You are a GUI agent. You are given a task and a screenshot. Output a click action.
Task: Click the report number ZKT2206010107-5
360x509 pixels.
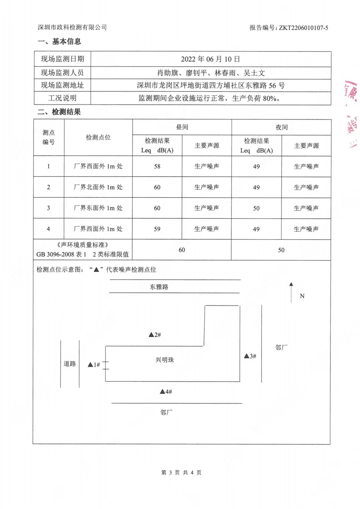(303, 28)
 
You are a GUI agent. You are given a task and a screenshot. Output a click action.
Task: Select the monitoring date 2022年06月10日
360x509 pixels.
(210, 59)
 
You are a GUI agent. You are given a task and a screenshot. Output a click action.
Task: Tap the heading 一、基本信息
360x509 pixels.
(59, 42)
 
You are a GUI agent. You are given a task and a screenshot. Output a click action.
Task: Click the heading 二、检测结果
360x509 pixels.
(59, 112)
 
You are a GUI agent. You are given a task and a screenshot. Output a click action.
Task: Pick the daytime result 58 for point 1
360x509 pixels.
(157, 166)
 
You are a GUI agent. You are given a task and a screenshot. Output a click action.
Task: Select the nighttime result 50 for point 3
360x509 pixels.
(256, 208)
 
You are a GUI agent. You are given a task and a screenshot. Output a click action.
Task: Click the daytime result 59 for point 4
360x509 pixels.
(157, 229)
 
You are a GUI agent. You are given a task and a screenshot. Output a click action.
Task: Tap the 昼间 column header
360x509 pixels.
(182, 127)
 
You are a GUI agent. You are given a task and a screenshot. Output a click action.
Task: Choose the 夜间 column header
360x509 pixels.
(281, 127)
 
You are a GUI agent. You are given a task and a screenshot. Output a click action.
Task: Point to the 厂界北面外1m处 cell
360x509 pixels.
(98, 187)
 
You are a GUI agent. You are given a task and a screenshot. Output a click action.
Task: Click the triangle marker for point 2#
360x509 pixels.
(151, 335)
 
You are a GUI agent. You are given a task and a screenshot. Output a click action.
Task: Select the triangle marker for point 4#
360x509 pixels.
(162, 392)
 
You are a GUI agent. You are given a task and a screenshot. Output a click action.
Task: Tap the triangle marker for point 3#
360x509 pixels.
(246, 356)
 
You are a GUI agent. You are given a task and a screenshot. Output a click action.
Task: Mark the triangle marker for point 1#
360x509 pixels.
(90, 365)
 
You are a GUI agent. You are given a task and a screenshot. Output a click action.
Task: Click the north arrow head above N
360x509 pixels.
(291, 284)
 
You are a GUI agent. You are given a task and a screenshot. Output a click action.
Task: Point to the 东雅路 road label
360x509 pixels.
(159, 287)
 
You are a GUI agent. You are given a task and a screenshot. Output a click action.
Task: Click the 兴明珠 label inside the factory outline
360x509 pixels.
(165, 360)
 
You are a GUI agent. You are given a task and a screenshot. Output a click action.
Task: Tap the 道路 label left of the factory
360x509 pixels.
(70, 364)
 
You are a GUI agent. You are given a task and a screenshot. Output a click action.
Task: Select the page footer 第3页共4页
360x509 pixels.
(181, 472)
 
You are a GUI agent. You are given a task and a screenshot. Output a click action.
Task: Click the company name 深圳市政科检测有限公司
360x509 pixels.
(72, 27)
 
